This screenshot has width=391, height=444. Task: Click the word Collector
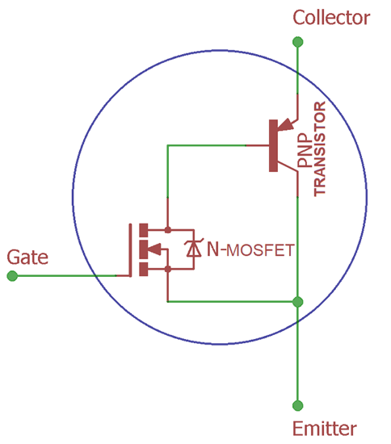pos(331,18)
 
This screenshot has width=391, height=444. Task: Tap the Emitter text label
pos(325,429)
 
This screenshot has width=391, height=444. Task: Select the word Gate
pos(27,257)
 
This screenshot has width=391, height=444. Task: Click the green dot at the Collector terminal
pos(297,42)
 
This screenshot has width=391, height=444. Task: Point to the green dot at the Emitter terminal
pos(297,405)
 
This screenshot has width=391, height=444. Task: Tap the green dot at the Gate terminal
pos(12,276)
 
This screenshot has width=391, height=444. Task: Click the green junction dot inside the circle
pos(297,302)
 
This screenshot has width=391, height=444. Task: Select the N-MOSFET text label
pos(250,249)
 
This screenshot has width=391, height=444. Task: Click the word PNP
pos(305,150)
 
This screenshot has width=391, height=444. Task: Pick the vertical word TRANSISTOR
pos(320,149)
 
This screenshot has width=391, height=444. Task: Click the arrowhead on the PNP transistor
pos(286,124)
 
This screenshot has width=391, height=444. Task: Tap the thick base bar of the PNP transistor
pos(273,145)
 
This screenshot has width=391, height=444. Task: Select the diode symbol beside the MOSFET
pos(194,249)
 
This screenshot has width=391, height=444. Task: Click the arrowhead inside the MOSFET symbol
pos(154,249)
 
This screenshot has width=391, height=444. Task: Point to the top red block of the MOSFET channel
pos(143,230)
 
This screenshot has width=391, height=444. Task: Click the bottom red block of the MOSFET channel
pos(143,269)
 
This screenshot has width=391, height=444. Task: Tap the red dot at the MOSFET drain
pos(168,229)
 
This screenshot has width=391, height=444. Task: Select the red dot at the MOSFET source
pos(168,269)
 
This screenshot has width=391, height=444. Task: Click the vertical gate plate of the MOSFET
pos(130,250)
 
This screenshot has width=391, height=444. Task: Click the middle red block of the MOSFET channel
pos(143,249)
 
